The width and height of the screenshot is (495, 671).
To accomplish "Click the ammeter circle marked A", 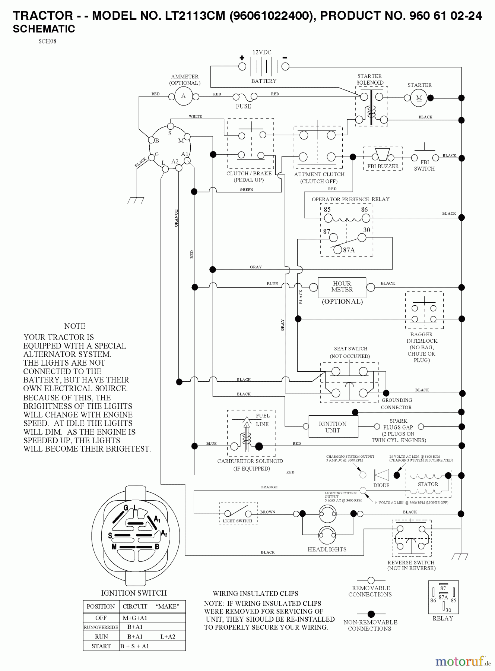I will pyautogui.click(x=183, y=96).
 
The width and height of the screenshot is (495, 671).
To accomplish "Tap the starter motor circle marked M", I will pyautogui.click(x=419, y=98).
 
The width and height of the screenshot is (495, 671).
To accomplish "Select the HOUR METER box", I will pyautogui.click(x=342, y=287).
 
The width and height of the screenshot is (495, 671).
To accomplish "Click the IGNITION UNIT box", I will pyautogui.click(x=333, y=427).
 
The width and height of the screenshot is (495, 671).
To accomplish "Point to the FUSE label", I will pyautogui.click(x=243, y=106).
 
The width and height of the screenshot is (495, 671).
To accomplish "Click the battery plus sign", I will pyautogui.click(x=242, y=57).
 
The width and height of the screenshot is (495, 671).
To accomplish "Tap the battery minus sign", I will pyautogui.click(x=285, y=57).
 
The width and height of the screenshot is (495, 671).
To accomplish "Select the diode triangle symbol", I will pyautogui.click(x=381, y=475).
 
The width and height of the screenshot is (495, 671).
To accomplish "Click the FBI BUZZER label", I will pyautogui.click(x=383, y=166).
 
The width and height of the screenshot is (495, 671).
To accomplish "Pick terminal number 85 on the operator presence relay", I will pyautogui.click(x=327, y=210).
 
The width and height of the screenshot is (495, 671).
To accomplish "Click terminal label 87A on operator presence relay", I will pyautogui.click(x=349, y=251).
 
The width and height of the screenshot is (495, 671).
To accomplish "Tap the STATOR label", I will pyautogui.click(x=428, y=484).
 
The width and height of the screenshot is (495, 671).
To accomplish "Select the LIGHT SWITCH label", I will pyautogui.click(x=237, y=521).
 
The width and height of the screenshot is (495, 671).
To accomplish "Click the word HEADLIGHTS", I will pyautogui.click(x=327, y=549).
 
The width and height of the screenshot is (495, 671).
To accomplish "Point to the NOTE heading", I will pyautogui.click(x=74, y=326).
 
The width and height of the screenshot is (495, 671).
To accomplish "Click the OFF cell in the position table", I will pyautogui.click(x=101, y=618).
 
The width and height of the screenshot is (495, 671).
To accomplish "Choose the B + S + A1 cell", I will pyautogui.click(x=134, y=646).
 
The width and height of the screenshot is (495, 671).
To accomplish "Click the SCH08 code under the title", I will pyautogui.click(x=47, y=41).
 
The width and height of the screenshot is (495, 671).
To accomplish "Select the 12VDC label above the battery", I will pyautogui.click(x=262, y=53).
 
